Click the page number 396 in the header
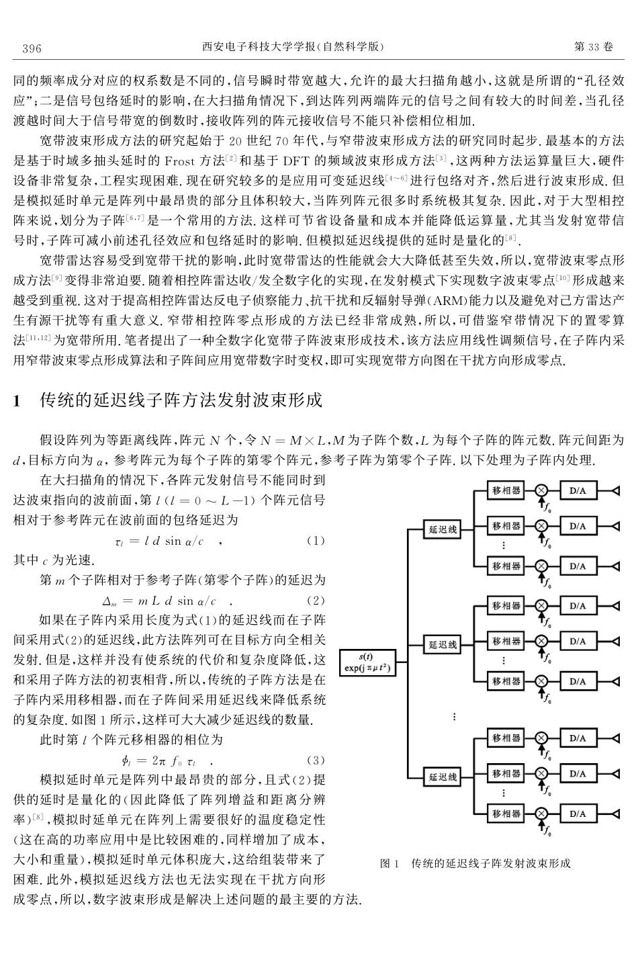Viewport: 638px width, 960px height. click(32, 48)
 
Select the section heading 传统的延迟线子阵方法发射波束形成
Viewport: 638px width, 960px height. click(181, 401)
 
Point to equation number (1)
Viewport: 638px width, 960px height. click(315, 540)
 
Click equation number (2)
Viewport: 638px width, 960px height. click(315, 600)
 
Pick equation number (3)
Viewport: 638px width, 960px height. click(315, 760)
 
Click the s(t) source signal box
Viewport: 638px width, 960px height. click(366, 663)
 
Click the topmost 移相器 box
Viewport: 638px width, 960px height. click(507, 491)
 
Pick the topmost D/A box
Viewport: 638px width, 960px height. click(578, 491)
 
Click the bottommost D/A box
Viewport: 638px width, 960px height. click(578, 814)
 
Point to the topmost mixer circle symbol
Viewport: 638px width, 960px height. click(541, 491)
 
